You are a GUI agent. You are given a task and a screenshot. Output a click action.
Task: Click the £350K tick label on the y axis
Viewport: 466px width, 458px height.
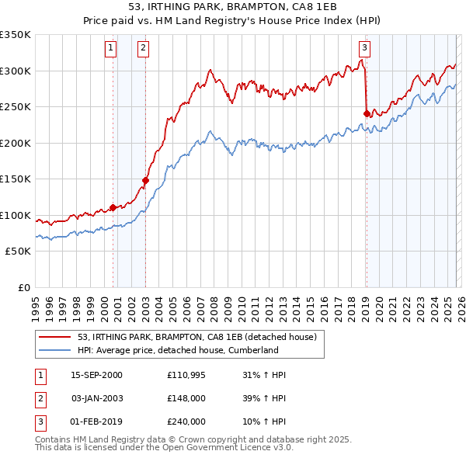16,35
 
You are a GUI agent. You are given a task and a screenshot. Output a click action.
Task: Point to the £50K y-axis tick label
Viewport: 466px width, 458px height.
18,252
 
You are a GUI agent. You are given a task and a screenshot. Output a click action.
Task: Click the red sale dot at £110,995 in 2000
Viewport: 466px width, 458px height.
113,207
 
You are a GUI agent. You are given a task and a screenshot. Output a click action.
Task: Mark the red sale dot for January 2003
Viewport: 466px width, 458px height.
145,181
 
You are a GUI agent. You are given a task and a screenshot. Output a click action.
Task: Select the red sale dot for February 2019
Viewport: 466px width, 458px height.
366,114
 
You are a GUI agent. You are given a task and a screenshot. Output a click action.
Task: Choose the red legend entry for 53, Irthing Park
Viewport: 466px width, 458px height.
196,337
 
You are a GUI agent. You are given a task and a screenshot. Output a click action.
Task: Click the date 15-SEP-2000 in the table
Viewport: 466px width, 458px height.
96,375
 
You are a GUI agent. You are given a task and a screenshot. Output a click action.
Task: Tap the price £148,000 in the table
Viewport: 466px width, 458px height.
186,398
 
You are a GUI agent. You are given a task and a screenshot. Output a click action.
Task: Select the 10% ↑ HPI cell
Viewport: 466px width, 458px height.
264,422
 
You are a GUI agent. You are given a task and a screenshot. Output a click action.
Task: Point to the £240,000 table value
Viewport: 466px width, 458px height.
186,422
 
